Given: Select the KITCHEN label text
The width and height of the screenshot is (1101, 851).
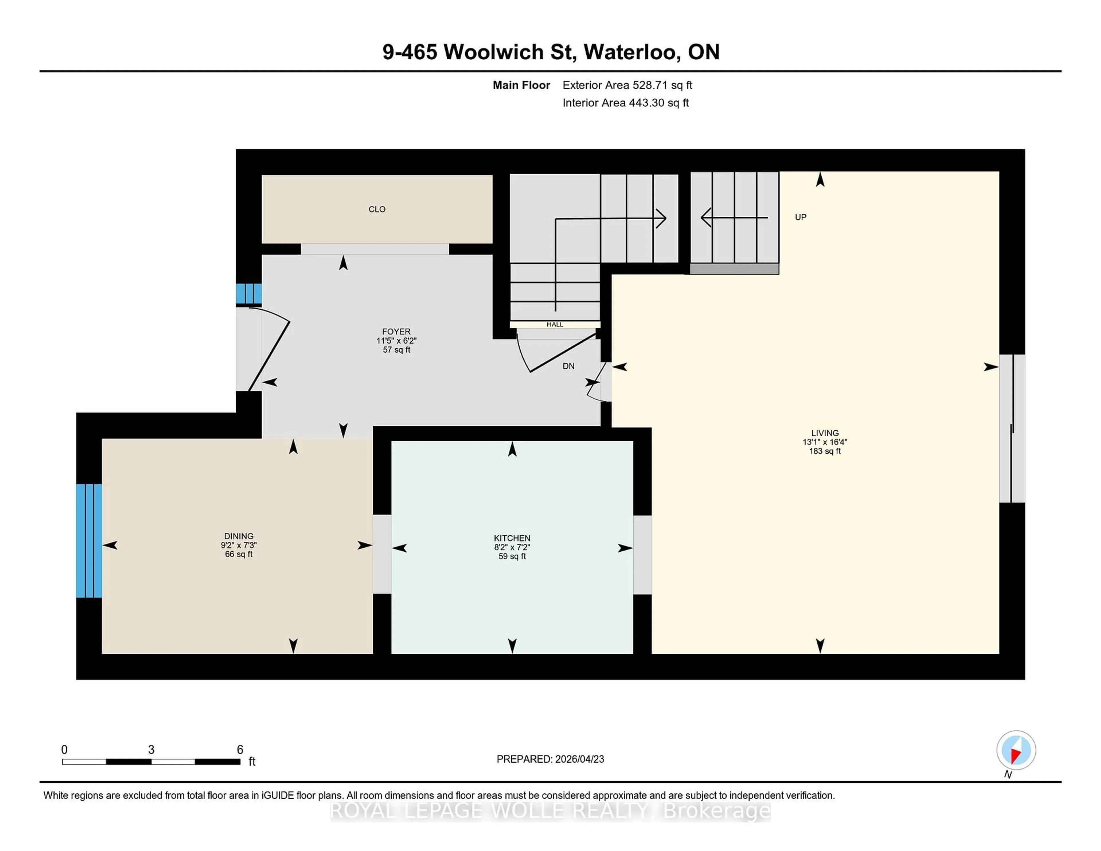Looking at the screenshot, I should (512, 538).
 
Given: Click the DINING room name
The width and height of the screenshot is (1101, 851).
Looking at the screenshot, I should (239, 536).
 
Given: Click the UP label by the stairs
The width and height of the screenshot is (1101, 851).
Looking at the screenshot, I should (801, 217).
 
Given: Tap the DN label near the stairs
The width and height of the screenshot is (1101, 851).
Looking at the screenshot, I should (568, 366).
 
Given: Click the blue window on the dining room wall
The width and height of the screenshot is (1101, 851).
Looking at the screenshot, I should (89, 540).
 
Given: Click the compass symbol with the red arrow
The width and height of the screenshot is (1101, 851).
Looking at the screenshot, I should (1016, 750).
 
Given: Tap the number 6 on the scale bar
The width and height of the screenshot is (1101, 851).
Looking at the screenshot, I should (240, 750).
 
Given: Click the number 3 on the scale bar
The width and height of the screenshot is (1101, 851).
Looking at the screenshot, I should (151, 750).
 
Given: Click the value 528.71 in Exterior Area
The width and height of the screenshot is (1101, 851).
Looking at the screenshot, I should (649, 85).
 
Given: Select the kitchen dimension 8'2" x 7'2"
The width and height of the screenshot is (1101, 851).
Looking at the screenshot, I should (512, 547).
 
